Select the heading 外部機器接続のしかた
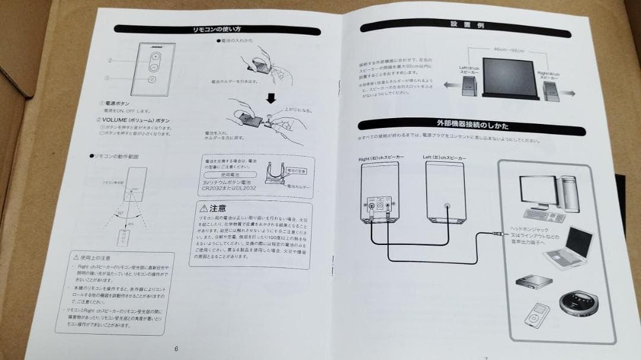tap(472, 125)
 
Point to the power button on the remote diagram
tap(153, 79)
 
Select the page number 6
tap(176, 349)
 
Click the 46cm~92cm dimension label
tap(508, 50)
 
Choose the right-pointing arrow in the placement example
tap(572, 94)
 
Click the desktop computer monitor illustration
tap(538, 191)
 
